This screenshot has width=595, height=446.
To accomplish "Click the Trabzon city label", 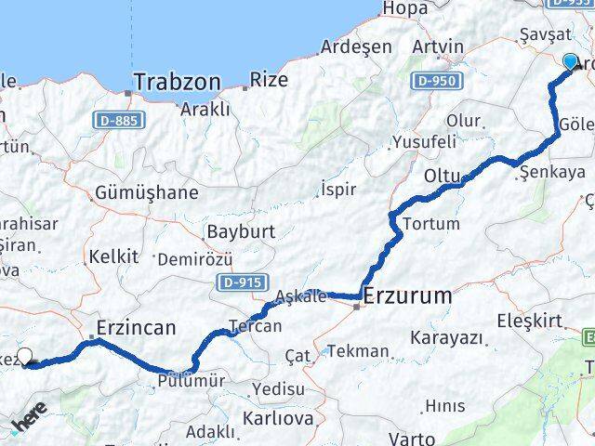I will click(177, 82).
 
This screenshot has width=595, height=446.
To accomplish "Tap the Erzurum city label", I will click(408, 297).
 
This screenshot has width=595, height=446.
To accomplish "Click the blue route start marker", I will click(570, 61).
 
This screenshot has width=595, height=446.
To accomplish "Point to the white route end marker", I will click(25, 356).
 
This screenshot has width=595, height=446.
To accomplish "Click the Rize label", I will click(269, 80).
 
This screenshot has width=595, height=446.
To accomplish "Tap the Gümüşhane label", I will click(147, 193).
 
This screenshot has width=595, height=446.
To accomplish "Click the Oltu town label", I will click(442, 175).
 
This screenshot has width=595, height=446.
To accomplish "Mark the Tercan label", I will click(255, 326).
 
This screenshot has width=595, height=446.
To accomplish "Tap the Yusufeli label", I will click(424, 142).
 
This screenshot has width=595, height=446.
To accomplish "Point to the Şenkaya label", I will click(552, 172).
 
